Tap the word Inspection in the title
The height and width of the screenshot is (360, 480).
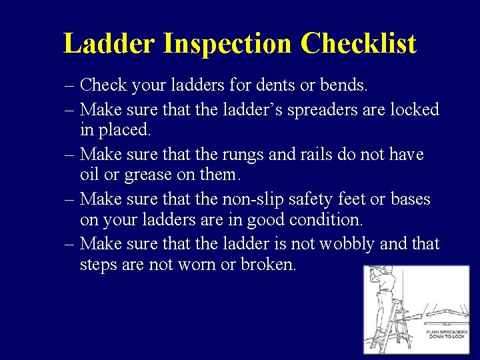point(227,44)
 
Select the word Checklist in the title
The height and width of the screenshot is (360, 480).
point(358,44)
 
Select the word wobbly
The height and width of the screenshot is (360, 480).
point(347,244)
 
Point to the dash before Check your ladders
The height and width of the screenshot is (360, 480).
point(70,86)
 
